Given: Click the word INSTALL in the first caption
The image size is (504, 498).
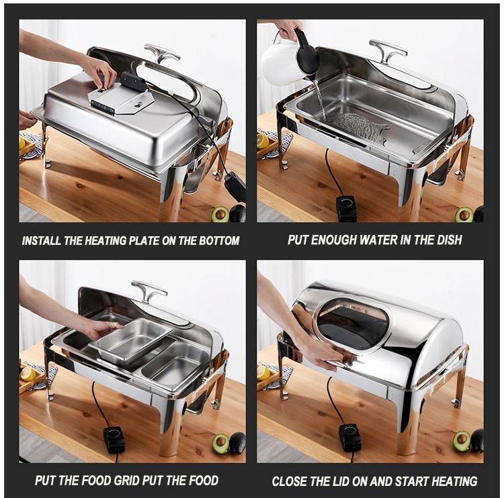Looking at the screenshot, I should click(42, 241).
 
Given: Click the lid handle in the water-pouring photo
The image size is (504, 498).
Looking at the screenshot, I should click(388, 50).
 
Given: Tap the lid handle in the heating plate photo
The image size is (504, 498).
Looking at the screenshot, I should click(161, 52).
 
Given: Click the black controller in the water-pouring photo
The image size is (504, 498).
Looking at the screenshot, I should click(347, 208).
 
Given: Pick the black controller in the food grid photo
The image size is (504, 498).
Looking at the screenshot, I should click(114, 440).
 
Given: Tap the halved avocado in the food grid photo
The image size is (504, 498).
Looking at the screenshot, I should click(220, 443).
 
